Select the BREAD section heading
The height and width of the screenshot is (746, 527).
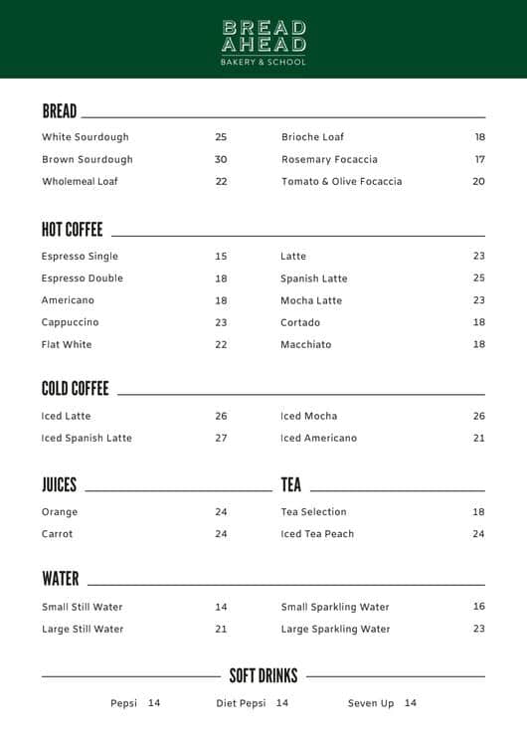coord(60,110)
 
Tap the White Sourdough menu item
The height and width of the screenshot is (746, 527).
coord(86,137)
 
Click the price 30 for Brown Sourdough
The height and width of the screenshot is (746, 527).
coord(221,159)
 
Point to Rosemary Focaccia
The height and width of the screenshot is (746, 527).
coord(329,159)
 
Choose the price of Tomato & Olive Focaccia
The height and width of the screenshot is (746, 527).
coord(478,182)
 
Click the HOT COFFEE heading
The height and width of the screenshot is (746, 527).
coord(73,230)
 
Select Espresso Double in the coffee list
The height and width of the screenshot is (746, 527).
coord(83,279)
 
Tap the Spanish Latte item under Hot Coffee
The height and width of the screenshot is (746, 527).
coord(313,279)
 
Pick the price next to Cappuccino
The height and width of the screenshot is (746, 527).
coord(221,322)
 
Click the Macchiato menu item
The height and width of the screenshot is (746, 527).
coord(305,344)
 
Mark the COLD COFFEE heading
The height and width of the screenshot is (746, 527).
coord(76,388)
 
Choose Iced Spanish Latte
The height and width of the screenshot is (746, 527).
coord(87,438)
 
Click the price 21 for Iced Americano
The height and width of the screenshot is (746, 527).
coord(478,438)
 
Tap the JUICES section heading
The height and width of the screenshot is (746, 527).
coord(60,484)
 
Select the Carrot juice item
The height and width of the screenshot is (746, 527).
coord(58,534)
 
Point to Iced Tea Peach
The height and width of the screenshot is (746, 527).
coord(317,534)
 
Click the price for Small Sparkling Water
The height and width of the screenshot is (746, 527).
coord(478,607)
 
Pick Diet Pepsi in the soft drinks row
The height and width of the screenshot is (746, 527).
coord(241,703)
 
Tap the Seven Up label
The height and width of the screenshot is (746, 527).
coord(371,703)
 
